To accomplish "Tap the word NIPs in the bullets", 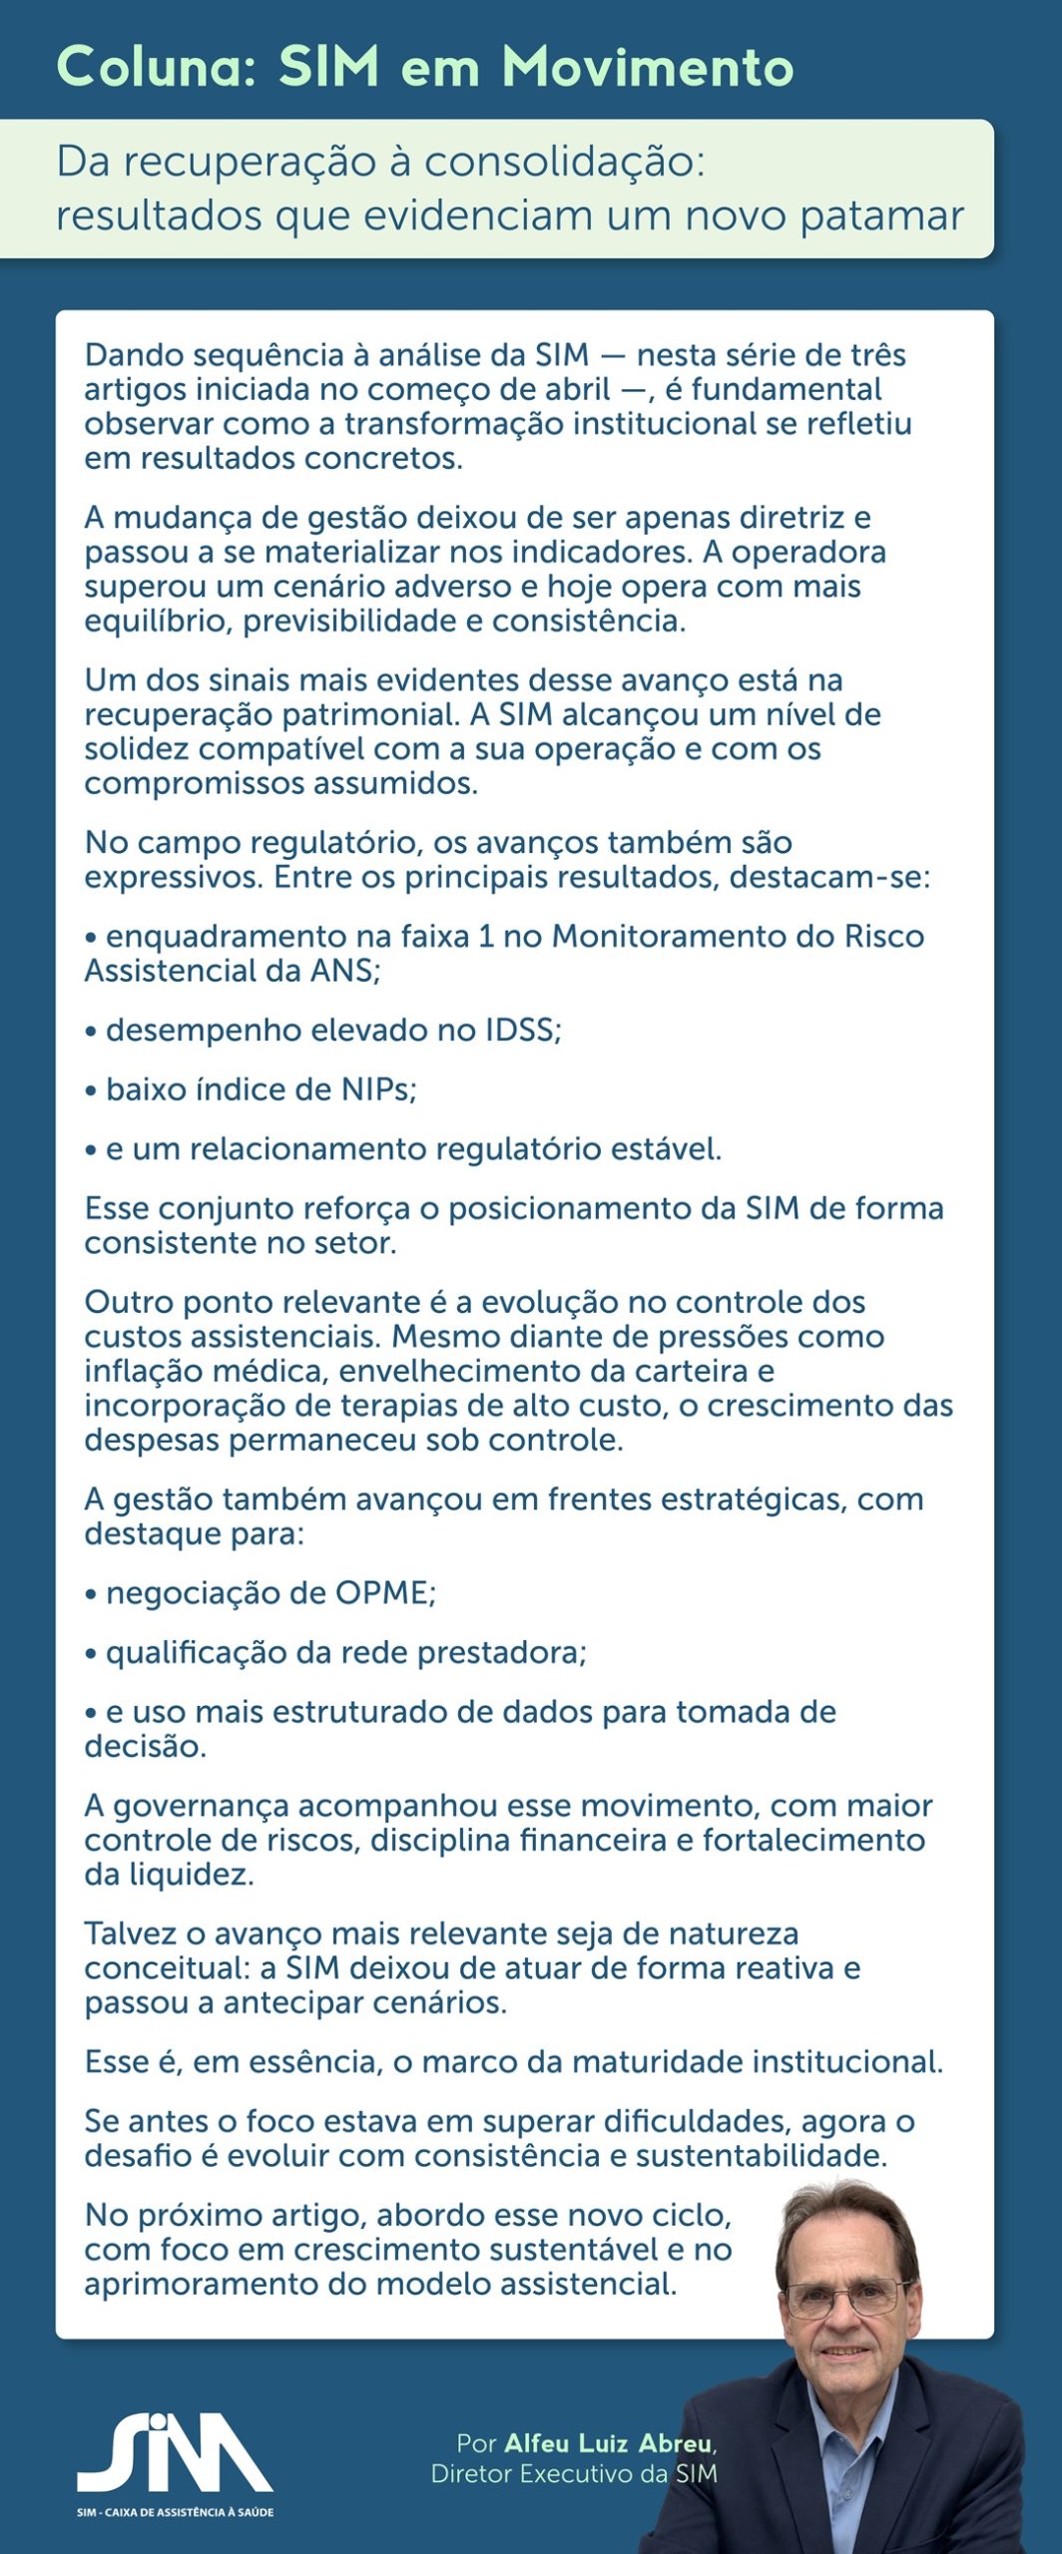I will pos(378,1088).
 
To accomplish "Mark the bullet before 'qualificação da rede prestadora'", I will pos(91,1654).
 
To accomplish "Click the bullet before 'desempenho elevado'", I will pos(91,1031).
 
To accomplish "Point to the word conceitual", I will pos(164,1967).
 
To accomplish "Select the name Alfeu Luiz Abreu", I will pos(609,2443).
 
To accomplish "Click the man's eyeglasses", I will pos(846,2297).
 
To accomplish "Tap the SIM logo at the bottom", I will pos(175,2453).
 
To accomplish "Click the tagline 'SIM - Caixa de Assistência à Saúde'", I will pos(175,2512).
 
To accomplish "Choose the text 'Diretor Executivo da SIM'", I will pos(574,2474).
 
